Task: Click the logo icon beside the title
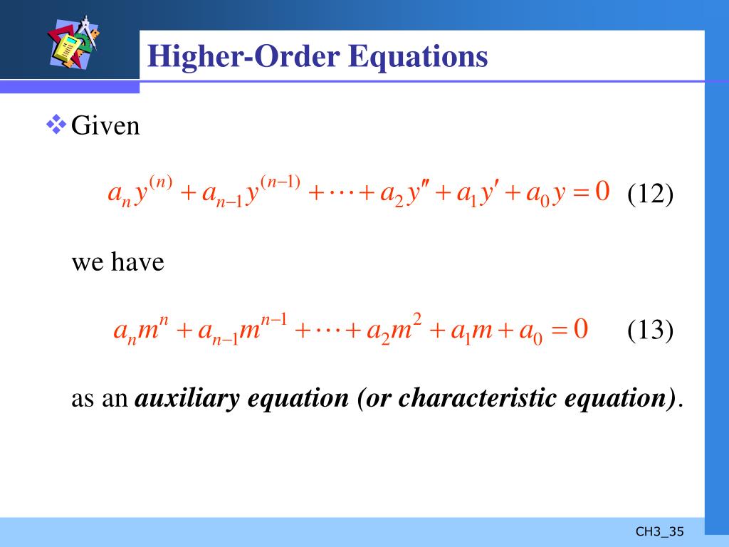(73, 44)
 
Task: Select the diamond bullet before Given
(55, 125)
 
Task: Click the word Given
(105, 127)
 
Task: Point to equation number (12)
(650, 193)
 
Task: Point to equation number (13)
(650, 330)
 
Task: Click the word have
(139, 262)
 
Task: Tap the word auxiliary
(188, 399)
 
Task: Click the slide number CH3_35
(659, 531)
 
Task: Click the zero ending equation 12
(602, 192)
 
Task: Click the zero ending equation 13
(581, 330)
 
